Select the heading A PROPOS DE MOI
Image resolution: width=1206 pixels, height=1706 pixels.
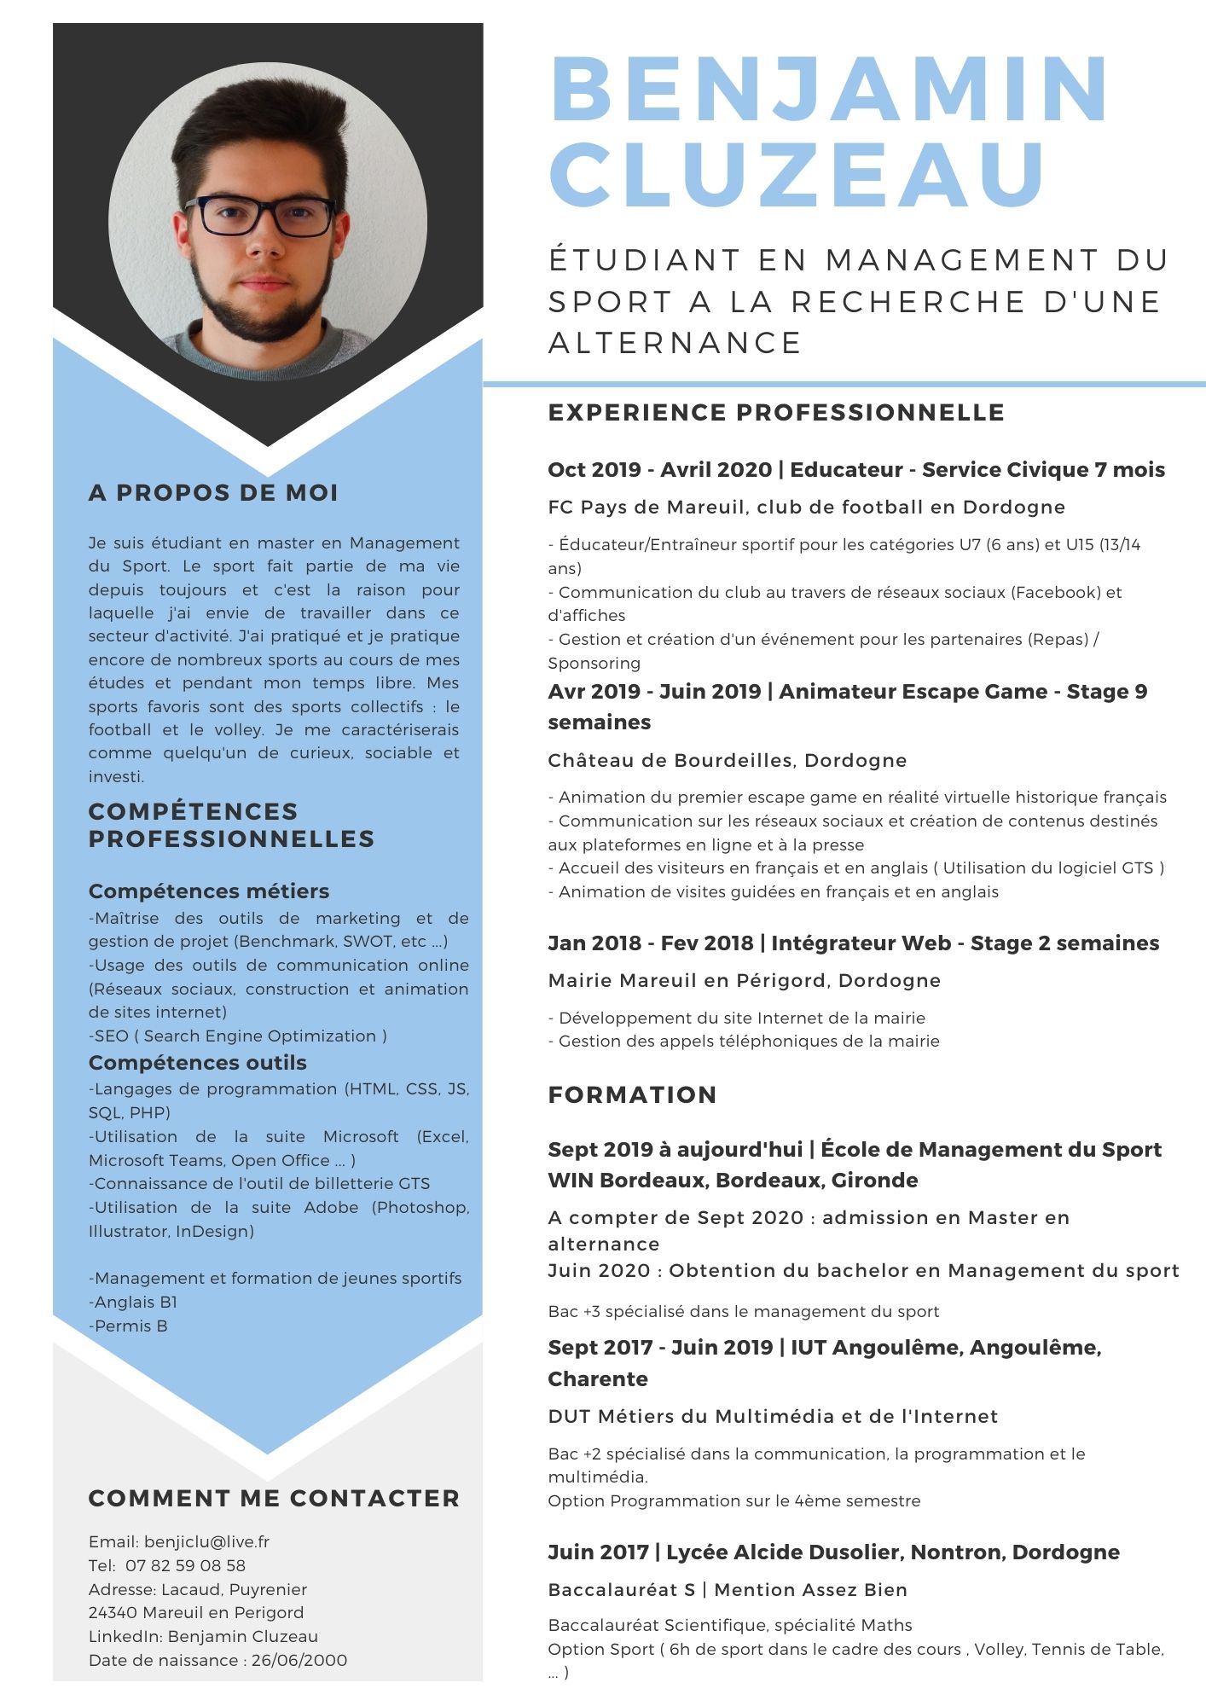click(213, 493)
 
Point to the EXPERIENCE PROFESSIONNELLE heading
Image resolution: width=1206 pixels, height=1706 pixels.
click(776, 413)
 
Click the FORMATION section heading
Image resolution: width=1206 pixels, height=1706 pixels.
click(632, 1094)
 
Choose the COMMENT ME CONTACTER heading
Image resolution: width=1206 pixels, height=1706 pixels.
click(274, 1498)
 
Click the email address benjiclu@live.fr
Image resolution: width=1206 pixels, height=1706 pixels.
click(206, 1541)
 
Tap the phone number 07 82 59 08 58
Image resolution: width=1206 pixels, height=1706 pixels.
click(185, 1565)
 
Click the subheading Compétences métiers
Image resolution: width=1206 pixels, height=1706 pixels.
click(209, 891)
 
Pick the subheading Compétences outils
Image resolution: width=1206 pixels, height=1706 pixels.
click(198, 1062)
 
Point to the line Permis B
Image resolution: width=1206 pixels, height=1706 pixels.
click(130, 1326)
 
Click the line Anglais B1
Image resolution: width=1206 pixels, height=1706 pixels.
click(135, 1302)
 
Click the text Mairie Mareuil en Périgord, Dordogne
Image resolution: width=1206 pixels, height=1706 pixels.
click(744, 980)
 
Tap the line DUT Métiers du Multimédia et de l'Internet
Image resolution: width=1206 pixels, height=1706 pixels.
click(773, 1416)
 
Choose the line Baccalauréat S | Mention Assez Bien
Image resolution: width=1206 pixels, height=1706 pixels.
click(728, 1589)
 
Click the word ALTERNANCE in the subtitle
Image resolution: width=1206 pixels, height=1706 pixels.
click(675, 343)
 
